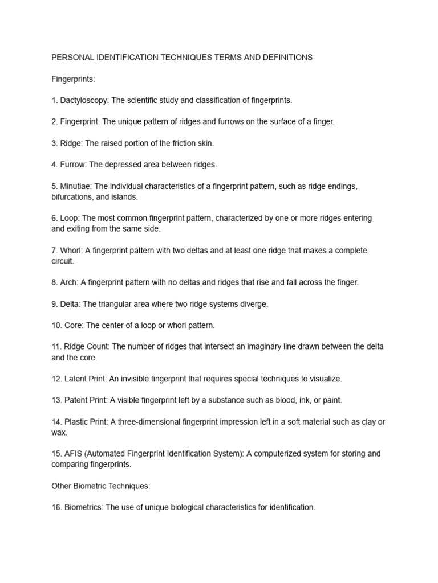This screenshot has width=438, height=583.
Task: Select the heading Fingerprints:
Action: click(73, 79)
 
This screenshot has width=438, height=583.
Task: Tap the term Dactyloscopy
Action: click(84, 100)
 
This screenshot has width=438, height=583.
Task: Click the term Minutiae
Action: click(76, 186)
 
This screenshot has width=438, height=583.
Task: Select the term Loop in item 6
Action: click(70, 218)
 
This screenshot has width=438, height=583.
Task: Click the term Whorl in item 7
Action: click(71, 251)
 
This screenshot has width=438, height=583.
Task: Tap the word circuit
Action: click(62, 261)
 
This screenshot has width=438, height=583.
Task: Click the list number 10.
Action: click(56, 325)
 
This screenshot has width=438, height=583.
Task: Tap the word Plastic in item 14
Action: click(76, 421)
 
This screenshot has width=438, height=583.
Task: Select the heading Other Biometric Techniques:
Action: click(100, 486)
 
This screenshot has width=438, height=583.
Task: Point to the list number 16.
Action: click(56, 507)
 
